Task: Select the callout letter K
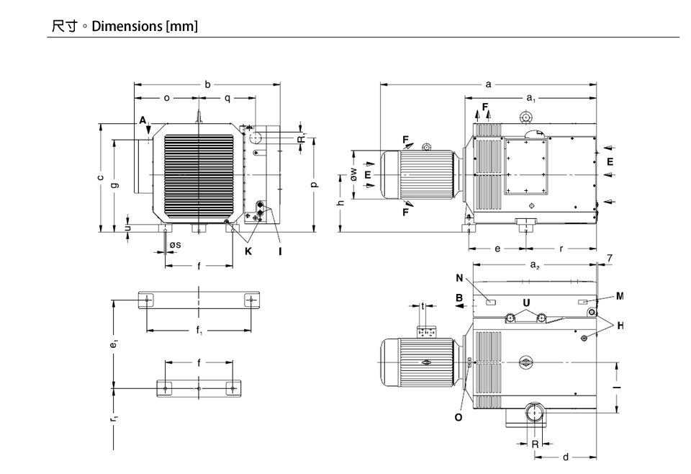coord(248,251)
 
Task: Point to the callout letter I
coord(280,251)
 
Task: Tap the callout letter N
coord(459,278)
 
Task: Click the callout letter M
coord(620,295)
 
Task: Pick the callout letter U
coord(527,301)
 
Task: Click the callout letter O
coord(459,416)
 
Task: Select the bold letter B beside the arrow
coord(459,298)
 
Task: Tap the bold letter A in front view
coord(143,120)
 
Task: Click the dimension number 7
coord(609,257)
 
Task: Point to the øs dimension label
coord(175,246)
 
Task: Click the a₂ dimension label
coord(535,265)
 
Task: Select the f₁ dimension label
coord(199,331)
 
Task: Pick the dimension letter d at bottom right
coord(566,457)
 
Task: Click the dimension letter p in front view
coord(314,184)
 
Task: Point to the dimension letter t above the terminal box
coord(423,305)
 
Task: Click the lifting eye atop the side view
coord(526,117)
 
